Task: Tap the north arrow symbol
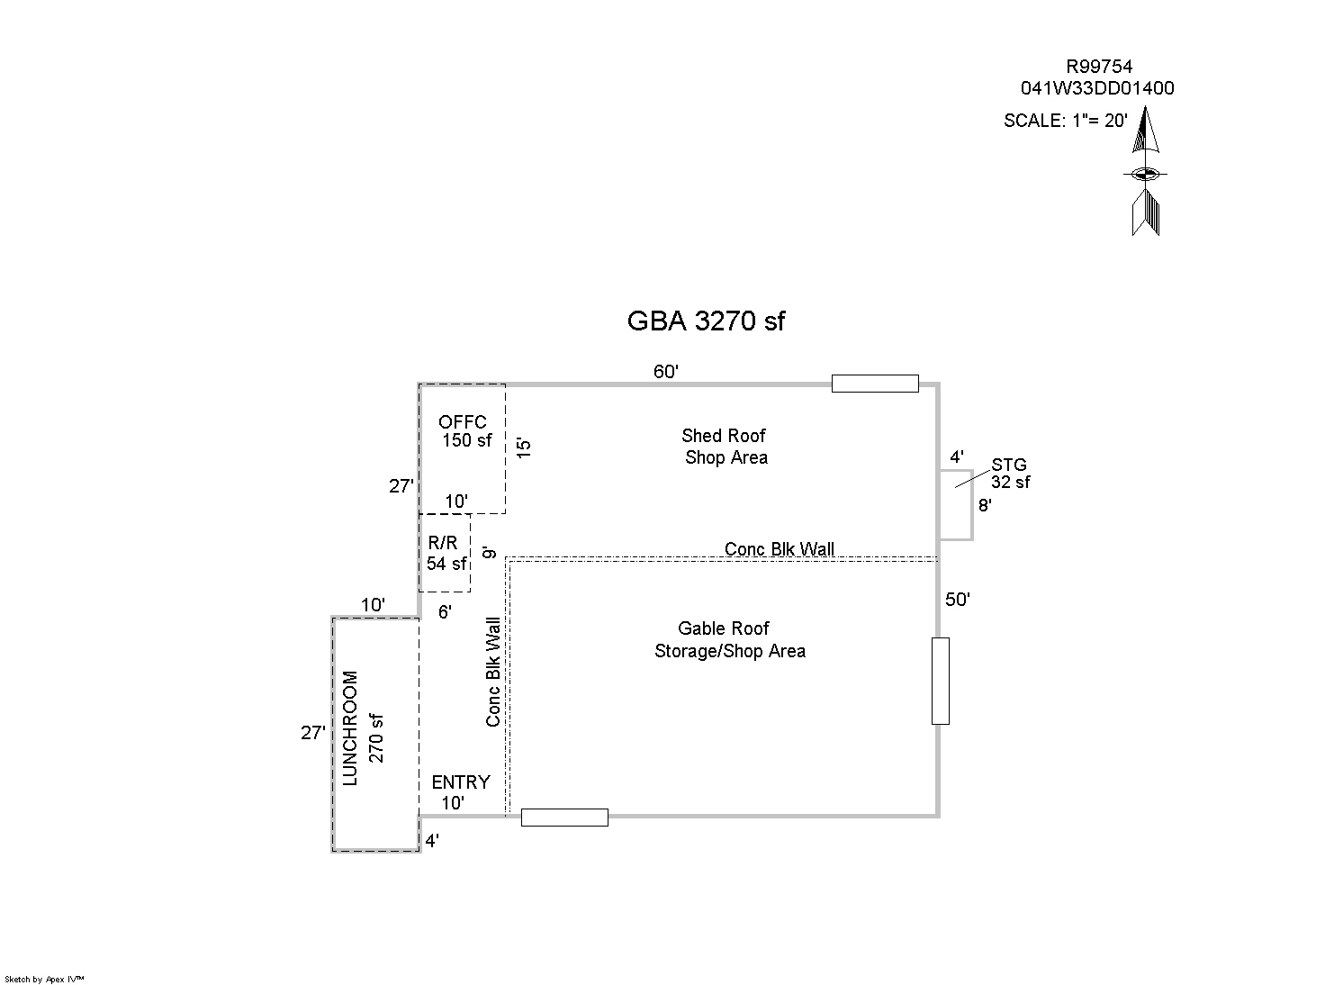(x=1145, y=171)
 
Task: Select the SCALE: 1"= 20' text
(x=1065, y=121)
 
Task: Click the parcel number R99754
(x=1099, y=67)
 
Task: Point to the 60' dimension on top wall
(x=665, y=372)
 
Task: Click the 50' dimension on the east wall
(x=958, y=600)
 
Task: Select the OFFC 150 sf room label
(x=465, y=431)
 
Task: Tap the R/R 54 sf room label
(x=446, y=554)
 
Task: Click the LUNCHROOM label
(x=351, y=727)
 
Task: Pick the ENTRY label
(x=461, y=782)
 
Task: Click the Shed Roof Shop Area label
(x=725, y=447)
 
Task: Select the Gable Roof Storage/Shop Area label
(x=728, y=639)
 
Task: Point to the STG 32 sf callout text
(x=1010, y=474)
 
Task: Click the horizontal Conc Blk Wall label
(x=779, y=549)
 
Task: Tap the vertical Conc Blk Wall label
(x=493, y=672)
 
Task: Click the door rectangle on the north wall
(x=874, y=384)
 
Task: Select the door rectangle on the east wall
(x=940, y=681)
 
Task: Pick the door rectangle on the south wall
(x=564, y=818)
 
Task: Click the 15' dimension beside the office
(x=525, y=447)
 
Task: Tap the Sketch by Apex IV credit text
(x=44, y=979)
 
